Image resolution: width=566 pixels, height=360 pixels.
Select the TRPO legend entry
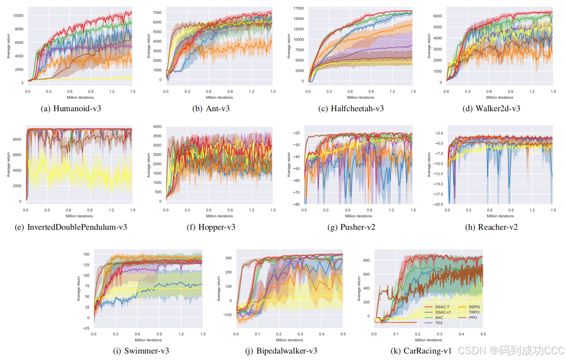[474, 312]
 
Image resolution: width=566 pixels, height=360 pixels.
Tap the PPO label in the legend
[473, 317]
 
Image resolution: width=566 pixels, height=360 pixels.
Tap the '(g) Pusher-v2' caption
[351, 227]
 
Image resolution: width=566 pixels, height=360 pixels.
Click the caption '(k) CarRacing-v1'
[421, 350]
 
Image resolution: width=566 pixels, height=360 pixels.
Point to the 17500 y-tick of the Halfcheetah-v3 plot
[298, 8]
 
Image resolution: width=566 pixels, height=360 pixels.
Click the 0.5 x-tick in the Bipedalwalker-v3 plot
[342, 334]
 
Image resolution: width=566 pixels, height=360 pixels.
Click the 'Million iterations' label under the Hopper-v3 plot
[219, 216]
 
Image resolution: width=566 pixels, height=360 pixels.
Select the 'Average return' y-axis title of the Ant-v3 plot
[149, 45]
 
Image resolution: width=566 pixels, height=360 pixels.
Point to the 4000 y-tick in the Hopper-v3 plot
[157, 127]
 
